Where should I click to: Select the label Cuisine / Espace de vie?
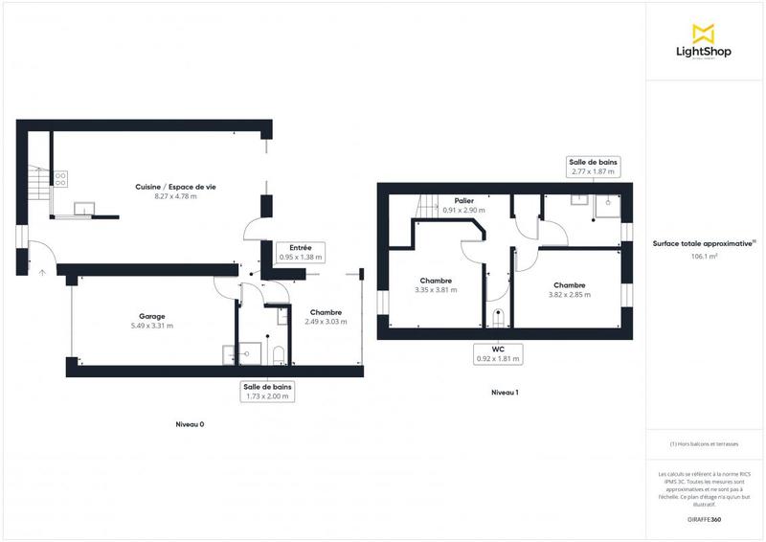(175, 187)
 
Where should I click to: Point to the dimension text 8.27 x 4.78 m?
(175, 196)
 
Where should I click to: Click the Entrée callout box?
(301, 253)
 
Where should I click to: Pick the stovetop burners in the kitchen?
(61, 177)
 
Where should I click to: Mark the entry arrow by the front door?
(41, 273)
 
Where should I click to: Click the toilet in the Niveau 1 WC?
(496, 316)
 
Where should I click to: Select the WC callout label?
(497, 354)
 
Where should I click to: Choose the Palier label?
(464, 200)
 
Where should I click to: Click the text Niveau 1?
(505, 392)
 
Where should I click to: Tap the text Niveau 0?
(190, 423)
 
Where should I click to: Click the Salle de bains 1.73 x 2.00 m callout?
(268, 391)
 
